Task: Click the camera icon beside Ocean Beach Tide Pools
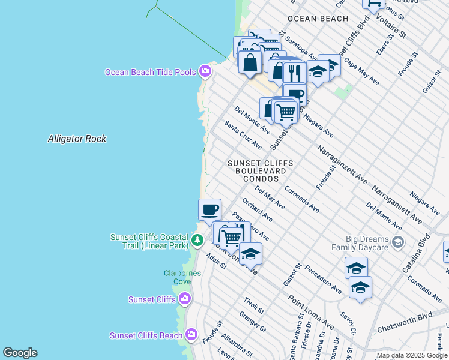(205, 72)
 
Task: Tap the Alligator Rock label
(77, 139)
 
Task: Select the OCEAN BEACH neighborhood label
(318, 19)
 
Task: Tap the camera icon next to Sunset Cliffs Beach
(191, 335)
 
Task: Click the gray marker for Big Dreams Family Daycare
(397, 242)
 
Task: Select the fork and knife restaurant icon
(294, 72)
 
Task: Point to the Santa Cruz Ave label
(243, 135)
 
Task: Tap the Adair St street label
(215, 261)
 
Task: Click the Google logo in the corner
(20, 353)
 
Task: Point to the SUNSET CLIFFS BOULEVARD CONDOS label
(261, 171)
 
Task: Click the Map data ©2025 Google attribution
(412, 355)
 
